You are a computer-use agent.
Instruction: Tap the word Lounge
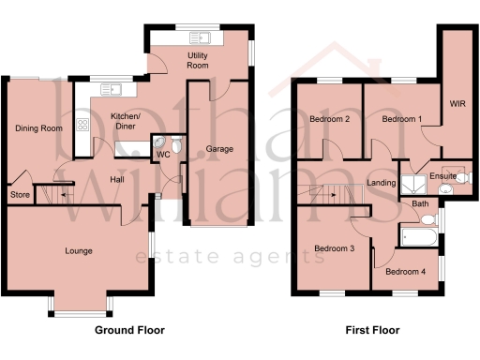tap(78, 250)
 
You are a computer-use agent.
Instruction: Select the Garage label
tap(219, 149)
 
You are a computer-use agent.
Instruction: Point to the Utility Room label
tap(198, 62)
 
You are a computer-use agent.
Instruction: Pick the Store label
tap(19, 194)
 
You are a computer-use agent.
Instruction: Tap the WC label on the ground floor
tap(163, 154)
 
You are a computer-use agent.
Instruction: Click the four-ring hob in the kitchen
tap(82, 123)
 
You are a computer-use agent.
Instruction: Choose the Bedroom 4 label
tap(409, 272)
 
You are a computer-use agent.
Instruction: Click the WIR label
tap(457, 104)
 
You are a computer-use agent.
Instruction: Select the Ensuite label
tap(442, 175)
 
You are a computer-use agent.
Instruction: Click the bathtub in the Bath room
tap(420, 236)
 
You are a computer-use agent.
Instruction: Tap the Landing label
tap(381, 182)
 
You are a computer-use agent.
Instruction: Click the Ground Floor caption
tap(129, 330)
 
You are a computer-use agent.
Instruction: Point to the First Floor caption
tap(372, 330)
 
